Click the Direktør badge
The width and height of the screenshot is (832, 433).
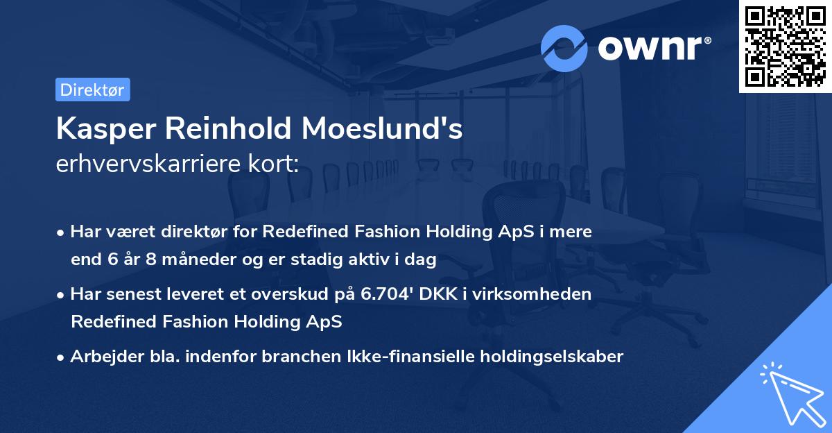(92, 90)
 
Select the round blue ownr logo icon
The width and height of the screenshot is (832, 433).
(564, 48)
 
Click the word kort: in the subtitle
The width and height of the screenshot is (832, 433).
(276, 164)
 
